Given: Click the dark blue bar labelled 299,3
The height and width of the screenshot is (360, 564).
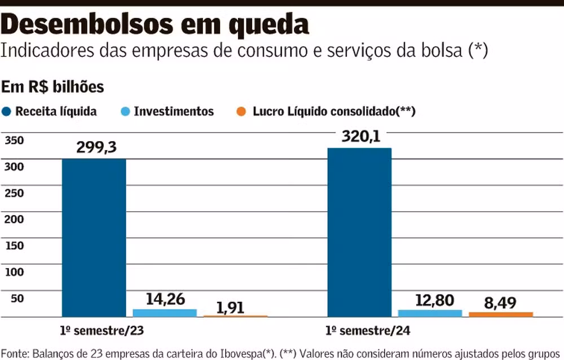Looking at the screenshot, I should click(94, 237).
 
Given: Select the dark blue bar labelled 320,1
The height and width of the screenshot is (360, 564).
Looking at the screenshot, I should click(359, 231).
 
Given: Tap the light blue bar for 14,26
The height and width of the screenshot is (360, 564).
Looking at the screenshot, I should click(165, 313).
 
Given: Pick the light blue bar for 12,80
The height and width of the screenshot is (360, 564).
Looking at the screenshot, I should click(430, 313).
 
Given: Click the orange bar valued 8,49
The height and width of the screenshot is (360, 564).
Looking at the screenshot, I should click(501, 314).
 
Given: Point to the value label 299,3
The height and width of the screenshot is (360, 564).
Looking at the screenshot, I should click(96, 147).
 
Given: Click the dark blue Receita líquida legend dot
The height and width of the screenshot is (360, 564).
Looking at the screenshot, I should click(7, 111).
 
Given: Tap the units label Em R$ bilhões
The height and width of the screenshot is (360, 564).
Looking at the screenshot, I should click(52, 87).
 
